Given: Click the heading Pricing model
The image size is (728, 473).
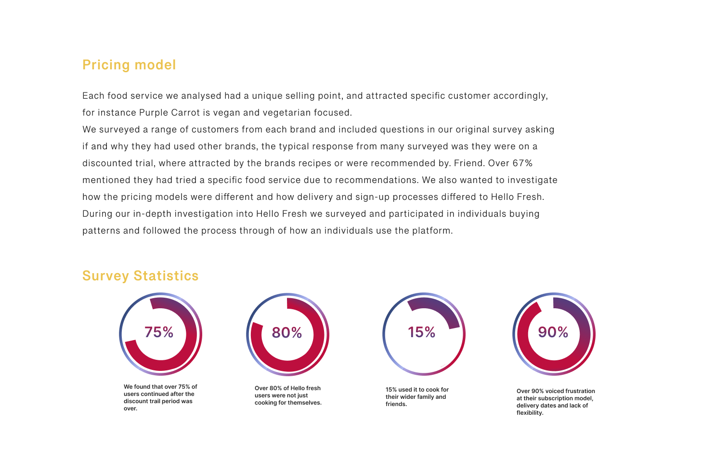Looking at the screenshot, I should pos(129,65).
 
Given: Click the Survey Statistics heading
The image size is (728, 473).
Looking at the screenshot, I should pos(140,276).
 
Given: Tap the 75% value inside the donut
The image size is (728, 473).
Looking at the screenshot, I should pos(159,332).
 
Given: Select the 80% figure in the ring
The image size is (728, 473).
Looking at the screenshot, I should pos(286,333).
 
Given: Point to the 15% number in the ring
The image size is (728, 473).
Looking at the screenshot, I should pos(421,332).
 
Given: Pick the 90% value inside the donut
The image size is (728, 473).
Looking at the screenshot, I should pos(553,332).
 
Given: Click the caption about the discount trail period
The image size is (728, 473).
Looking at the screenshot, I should pos(160,397).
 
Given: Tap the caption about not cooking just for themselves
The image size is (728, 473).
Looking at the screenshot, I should pos(288,395).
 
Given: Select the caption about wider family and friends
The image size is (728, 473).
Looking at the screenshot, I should pos(417,397).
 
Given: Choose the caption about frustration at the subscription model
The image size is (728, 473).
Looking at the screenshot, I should pos(555,402).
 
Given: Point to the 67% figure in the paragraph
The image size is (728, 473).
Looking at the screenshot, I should pos(522,163).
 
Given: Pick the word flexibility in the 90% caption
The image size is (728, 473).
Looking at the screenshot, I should pos(529,413).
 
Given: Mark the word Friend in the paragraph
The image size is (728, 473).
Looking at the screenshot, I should pos(468,163).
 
